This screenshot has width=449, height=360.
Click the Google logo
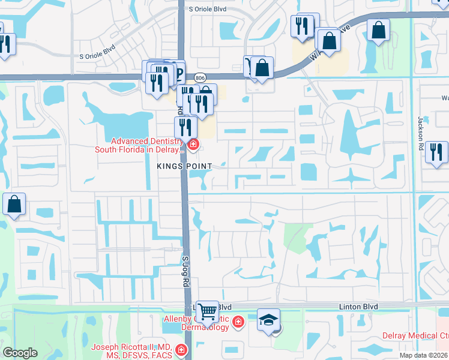20,353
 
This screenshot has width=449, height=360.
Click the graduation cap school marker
268,320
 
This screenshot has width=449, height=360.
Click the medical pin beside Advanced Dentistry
193,144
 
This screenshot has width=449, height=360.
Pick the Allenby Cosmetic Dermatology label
196,323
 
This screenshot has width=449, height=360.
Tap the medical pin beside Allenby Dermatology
238,323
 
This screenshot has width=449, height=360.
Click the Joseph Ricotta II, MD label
131,351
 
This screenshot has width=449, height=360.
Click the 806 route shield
200,77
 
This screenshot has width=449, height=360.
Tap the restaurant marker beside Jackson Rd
436,152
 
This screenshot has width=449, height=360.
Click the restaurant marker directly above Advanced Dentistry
185,127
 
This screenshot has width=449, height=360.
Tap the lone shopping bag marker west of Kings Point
14,205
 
